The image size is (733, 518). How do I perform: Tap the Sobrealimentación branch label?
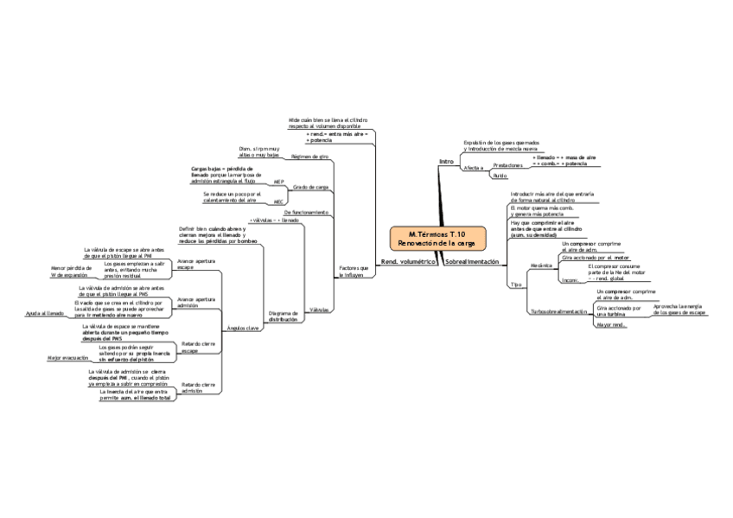(472, 261)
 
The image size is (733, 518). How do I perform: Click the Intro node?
(446, 162)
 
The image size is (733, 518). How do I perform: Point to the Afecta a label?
(473, 167)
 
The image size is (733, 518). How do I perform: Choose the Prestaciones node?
(507, 163)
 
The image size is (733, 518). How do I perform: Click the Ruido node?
(499, 176)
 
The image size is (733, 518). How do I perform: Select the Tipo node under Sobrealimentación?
(516, 284)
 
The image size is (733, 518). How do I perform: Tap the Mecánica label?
(541, 265)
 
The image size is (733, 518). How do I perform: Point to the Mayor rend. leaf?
(610, 324)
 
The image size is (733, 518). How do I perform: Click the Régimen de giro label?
(310, 157)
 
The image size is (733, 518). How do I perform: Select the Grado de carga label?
(310, 187)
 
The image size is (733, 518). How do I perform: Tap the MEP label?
(278, 182)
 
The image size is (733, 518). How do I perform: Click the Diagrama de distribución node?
(283, 316)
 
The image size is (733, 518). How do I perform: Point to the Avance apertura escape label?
(196, 264)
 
